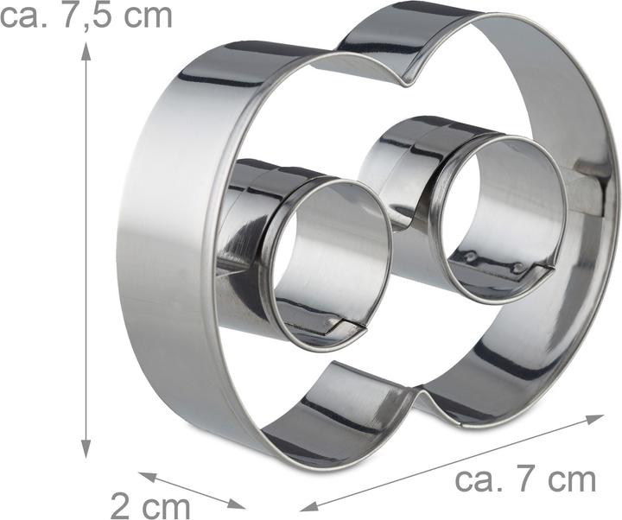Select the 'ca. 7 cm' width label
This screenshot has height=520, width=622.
pyautogui.click(x=525, y=480)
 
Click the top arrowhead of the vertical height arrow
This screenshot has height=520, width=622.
pyautogui.click(x=86, y=51)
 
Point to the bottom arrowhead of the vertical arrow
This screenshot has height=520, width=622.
pyautogui.click(x=86, y=449)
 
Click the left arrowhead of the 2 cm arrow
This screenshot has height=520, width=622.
pyautogui.click(x=147, y=476)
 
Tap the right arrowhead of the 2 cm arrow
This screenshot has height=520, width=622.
pyautogui.click(x=238, y=504)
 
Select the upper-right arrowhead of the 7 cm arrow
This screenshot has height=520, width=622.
pyautogui.click(x=595, y=418)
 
